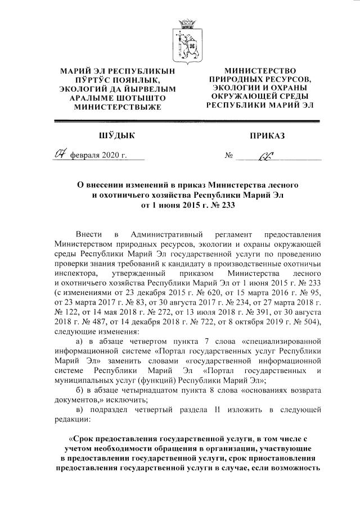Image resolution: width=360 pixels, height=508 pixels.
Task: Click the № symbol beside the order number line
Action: point(229,156)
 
